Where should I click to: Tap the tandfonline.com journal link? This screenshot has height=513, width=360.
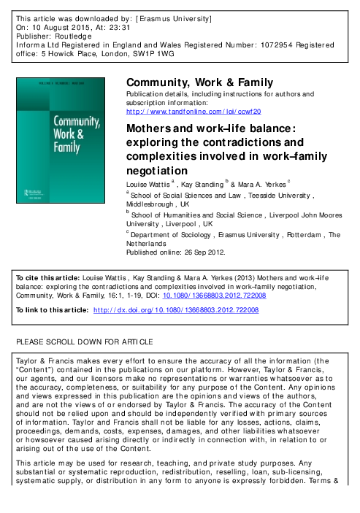[194, 111]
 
